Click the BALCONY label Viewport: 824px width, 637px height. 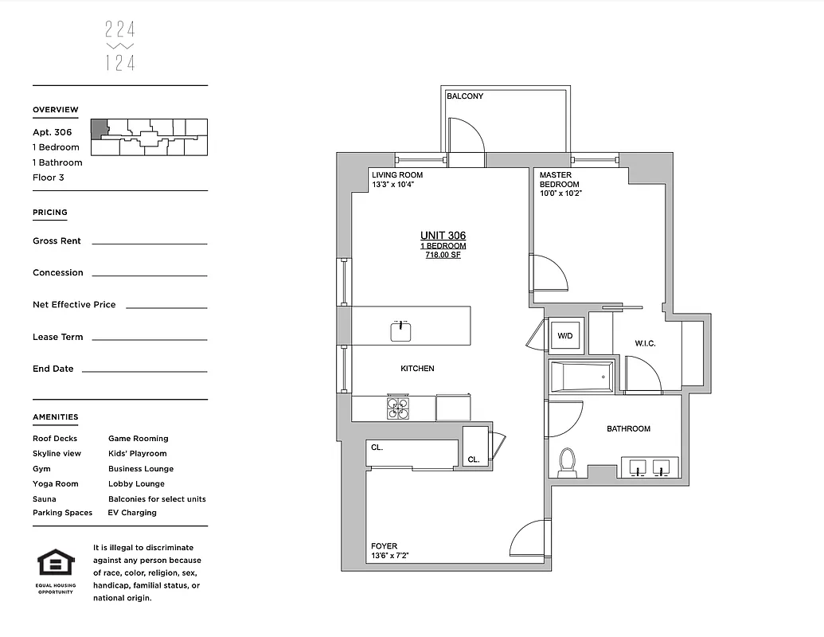pyautogui.click(x=464, y=96)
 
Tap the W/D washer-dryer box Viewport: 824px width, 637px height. pyautogui.click(x=565, y=336)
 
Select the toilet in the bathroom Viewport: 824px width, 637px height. pyautogui.click(x=568, y=463)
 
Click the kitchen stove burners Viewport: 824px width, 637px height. pyautogui.click(x=398, y=407)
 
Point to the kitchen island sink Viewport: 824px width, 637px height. pyautogui.click(x=400, y=330)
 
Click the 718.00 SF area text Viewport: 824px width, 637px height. pyautogui.click(x=443, y=255)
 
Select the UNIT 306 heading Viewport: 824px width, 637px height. pyautogui.click(x=443, y=236)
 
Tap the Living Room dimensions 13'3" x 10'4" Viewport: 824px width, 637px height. pyautogui.click(x=393, y=185)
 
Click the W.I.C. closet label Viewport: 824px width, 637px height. pyautogui.click(x=645, y=343)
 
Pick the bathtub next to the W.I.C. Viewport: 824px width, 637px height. pyautogui.click(x=581, y=376)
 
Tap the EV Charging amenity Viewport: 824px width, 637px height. pyautogui.click(x=132, y=513)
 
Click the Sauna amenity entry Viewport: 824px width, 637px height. pyautogui.click(x=45, y=499)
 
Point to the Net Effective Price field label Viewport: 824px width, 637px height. pyautogui.click(x=74, y=304)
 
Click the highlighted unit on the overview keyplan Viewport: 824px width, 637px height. pyautogui.click(x=98, y=129)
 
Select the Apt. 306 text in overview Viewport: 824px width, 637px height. pyautogui.click(x=53, y=132)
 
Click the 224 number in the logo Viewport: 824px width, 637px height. pyautogui.click(x=120, y=31)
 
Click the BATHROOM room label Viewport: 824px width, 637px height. pyautogui.click(x=628, y=428)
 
